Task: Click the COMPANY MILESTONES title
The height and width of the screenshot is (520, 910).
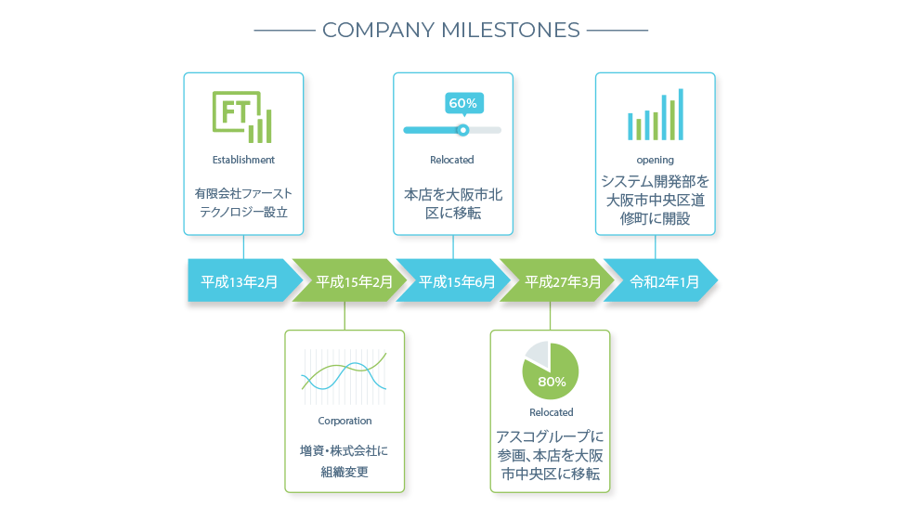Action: (451, 30)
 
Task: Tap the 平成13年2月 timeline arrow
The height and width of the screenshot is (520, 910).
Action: (243, 280)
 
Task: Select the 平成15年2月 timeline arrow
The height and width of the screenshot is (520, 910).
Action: (349, 280)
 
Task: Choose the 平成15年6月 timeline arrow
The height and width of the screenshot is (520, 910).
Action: (453, 280)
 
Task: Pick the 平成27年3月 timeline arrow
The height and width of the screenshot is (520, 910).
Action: (557, 280)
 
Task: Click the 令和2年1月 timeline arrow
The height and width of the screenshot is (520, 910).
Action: (661, 280)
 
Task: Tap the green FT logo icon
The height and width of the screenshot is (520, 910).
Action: (242, 117)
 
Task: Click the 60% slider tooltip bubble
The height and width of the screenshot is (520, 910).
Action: (464, 104)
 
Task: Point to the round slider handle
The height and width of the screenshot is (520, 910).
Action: (462, 130)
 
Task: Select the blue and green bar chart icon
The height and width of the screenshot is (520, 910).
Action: (656, 114)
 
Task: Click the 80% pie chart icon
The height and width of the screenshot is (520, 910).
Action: (550, 370)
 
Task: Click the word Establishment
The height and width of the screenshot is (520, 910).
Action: (243, 160)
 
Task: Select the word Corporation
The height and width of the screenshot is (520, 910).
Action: (344, 421)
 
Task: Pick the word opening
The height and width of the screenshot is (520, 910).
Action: (656, 160)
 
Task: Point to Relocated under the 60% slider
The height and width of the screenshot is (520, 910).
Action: (452, 160)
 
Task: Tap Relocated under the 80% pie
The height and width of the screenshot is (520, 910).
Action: (552, 412)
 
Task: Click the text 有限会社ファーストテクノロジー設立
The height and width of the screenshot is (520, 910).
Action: (243, 202)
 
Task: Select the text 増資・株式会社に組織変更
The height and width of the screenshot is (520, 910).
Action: (344, 461)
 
